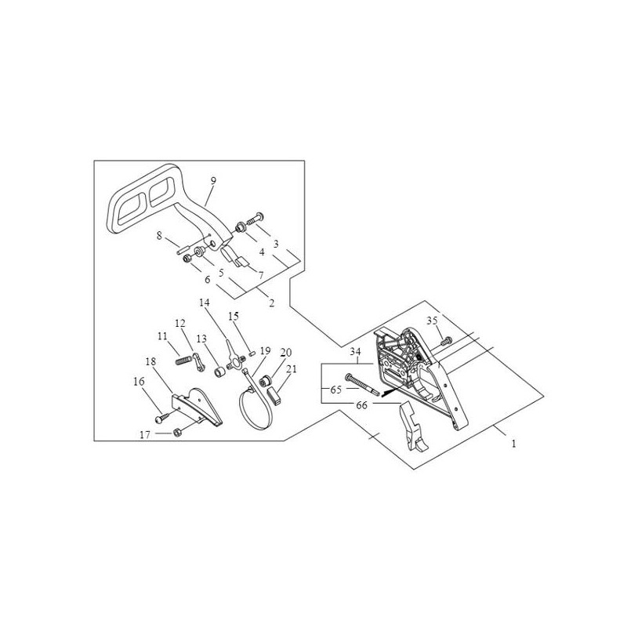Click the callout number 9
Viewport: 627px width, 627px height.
pos(213,181)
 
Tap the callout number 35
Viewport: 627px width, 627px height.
pos(432,321)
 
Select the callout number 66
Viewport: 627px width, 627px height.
pos(361,405)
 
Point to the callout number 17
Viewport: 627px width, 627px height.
pos(145,434)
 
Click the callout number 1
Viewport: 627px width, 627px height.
pos(514,444)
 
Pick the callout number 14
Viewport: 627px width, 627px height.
pos(205,303)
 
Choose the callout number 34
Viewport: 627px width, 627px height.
pos(355,352)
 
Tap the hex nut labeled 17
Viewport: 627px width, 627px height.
pos(178,433)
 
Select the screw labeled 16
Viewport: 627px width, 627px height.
pos(162,418)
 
